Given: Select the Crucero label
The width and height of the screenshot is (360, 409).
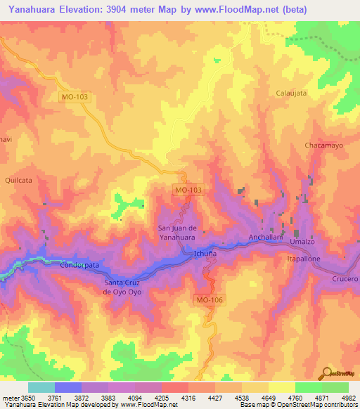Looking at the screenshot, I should coord(345,279).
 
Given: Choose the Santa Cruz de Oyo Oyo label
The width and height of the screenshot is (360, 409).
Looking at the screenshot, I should coord(126,287).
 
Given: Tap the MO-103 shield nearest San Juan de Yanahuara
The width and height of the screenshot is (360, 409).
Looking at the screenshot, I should coord(188,190).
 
